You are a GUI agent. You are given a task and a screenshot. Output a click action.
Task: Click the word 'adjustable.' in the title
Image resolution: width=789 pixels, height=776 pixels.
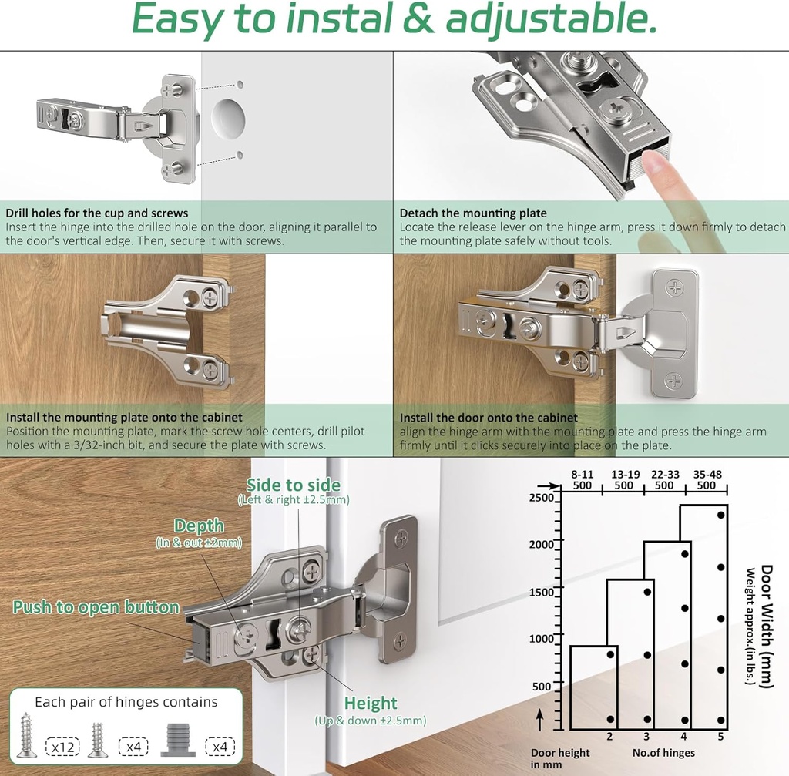click(x=551, y=19)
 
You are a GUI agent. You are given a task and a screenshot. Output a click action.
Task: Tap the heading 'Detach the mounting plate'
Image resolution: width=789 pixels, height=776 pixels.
click(x=473, y=213)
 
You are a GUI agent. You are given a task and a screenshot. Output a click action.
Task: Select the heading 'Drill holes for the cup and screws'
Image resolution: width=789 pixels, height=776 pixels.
click(x=96, y=213)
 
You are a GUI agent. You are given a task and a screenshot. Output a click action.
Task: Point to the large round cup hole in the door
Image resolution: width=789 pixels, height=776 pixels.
click(x=228, y=119)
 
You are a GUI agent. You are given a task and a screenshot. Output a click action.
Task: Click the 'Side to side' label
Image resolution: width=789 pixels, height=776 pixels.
click(x=294, y=485)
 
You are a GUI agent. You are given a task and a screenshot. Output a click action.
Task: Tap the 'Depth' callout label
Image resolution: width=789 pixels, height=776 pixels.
click(x=199, y=526)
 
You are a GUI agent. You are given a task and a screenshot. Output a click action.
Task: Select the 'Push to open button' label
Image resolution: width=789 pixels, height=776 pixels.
click(x=96, y=607)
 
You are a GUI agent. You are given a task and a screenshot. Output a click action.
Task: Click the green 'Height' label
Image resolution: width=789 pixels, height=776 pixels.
click(x=371, y=703)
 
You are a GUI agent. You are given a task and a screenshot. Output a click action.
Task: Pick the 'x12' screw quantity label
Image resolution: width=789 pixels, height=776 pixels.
click(x=63, y=747)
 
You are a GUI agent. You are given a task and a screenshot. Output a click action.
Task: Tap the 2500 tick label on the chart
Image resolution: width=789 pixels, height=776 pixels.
click(x=541, y=498)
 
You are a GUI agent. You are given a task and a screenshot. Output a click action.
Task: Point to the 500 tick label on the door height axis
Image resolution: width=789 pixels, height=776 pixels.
click(x=542, y=687)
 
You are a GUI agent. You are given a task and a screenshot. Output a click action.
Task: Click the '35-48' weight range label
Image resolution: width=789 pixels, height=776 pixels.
click(x=707, y=475)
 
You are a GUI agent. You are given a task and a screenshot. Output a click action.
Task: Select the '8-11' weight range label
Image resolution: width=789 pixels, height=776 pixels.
click(x=583, y=475)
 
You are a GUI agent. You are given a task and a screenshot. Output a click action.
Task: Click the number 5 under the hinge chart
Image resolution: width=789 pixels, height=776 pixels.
click(x=720, y=737)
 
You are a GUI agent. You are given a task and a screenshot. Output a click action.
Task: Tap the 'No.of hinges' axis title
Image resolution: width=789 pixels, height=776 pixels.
click(x=663, y=753)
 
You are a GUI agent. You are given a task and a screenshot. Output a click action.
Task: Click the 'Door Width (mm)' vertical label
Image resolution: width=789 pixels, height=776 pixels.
click(x=767, y=626)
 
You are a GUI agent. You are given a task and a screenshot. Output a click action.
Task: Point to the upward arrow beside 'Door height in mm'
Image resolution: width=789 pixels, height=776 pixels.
click(x=540, y=721)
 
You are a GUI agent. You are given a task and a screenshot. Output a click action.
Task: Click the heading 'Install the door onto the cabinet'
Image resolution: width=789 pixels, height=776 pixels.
click(x=489, y=417)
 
